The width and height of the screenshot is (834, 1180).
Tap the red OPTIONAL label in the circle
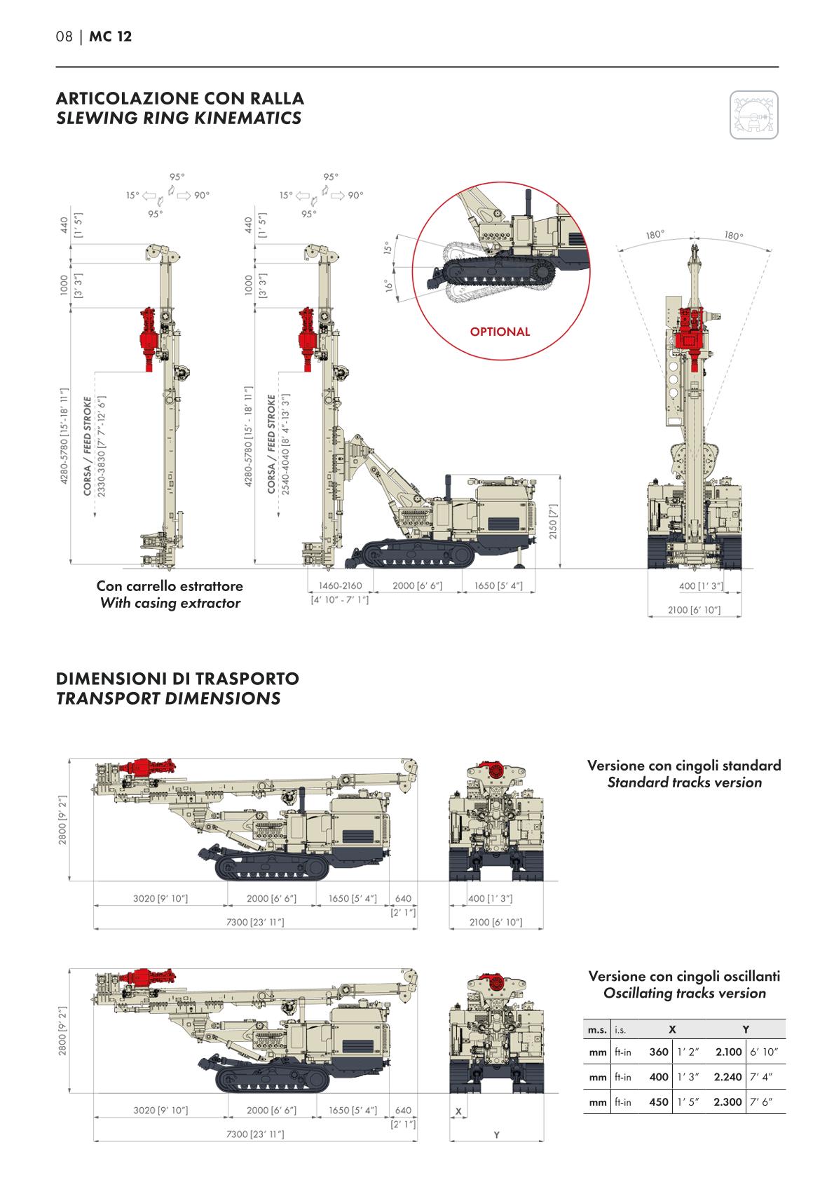pyautogui.click(x=500, y=332)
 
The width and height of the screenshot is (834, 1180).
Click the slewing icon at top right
pyautogui.click(x=754, y=114)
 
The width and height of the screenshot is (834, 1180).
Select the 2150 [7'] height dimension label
pyautogui.click(x=553, y=520)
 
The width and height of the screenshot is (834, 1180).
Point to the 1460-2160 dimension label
pyautogui.click(x=340, y=586)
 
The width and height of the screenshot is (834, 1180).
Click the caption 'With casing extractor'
pyautogui.click(x=170, y=603)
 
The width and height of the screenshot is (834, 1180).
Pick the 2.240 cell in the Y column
pyautogui.click(x=727, y=1077)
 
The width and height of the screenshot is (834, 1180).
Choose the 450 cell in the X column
pyautogui.click(x=659, y=1101)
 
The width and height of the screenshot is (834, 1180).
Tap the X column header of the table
pyautogui.click(x=672, y=1029)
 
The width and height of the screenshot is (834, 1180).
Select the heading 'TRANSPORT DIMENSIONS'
pyautogui.click(x=168, y=698)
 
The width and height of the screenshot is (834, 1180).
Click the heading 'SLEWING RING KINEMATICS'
pyautogui.click(x=179, y=118)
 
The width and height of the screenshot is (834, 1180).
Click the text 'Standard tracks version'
pyautogui.click(x=684, y=782)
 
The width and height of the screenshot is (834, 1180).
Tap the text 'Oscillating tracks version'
pyautogui.click(x=684, y=993)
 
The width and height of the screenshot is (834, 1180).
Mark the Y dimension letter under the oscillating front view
pyautogui.click(x=496, y=1134)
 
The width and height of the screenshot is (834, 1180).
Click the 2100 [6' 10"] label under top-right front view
pyautogui.click(x=694, y=611)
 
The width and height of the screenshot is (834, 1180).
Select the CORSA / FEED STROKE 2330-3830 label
pyautogui.click(x=94, y=447)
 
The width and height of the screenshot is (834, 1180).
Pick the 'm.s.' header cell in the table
pyautogui.click(x=597, y=1029)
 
